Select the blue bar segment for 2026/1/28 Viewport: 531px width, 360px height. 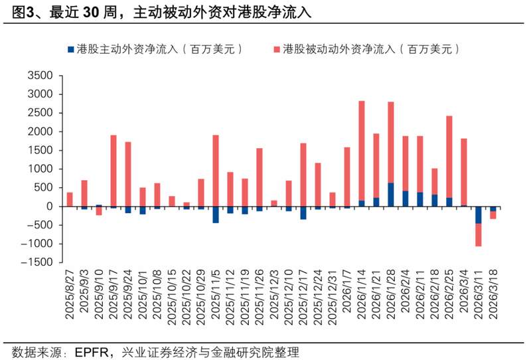390,195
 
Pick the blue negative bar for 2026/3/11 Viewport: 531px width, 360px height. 478,215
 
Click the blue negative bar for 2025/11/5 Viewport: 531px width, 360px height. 216,215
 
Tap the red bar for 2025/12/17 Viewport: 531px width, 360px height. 303,175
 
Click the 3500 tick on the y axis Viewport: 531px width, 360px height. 39,76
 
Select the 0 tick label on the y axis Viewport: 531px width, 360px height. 48,207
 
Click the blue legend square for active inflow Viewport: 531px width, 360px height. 71,49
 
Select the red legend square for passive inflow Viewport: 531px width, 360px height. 275,49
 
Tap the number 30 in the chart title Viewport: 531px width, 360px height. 92,12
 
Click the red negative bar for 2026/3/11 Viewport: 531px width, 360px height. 478,234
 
